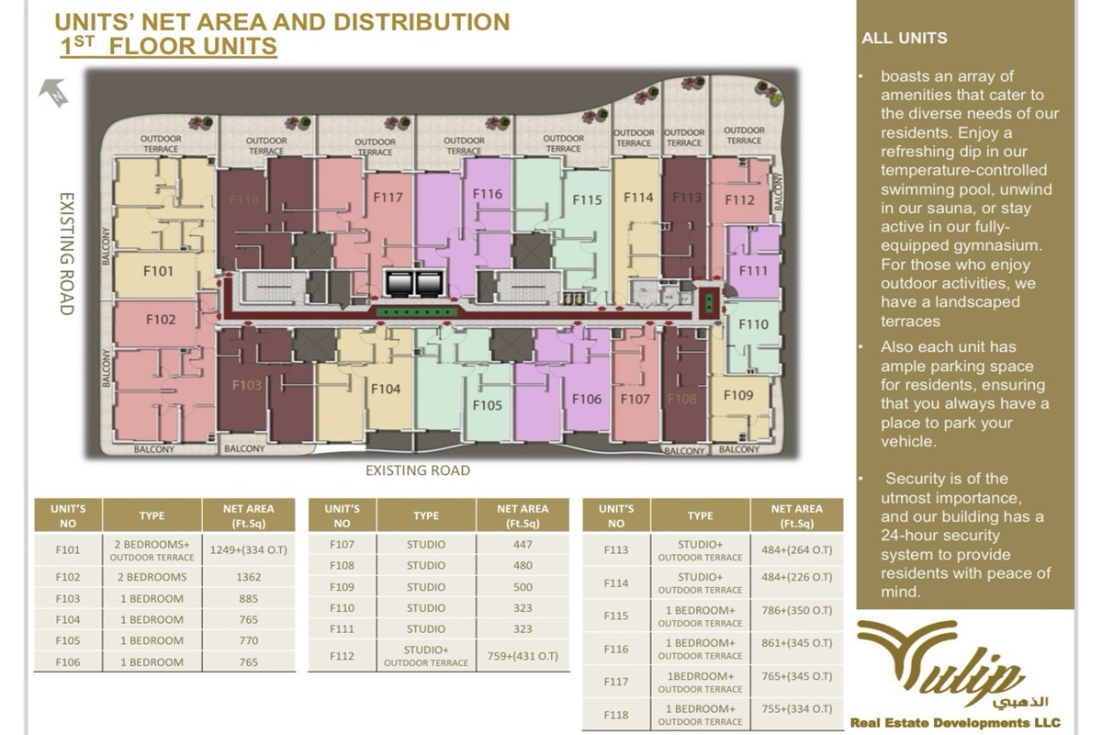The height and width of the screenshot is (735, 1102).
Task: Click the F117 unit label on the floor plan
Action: (x=388, y=197)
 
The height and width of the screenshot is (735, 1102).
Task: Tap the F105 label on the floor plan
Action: (x=488, y=404)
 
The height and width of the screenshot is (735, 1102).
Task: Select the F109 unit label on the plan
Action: (x=737, y=395)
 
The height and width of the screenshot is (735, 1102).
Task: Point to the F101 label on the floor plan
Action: (x=158, y=271)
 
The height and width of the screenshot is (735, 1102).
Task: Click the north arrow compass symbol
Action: (x=54, y=92)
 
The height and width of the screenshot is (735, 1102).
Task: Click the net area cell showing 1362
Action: (x=248, y=577)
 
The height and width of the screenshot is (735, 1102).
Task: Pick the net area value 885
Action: (x=248, y=598)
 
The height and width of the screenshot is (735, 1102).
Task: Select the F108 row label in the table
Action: (x=342, y=565)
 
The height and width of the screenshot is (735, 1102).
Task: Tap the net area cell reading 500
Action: (x=522, y=586)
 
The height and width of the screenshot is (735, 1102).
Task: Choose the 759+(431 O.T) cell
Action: (x=522, y=656)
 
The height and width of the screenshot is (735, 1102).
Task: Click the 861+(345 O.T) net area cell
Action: (x=796, y=649)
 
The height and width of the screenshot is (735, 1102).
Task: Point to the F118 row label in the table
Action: (x=616, y=715)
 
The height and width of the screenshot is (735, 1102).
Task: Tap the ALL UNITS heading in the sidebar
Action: (x=905, y=39)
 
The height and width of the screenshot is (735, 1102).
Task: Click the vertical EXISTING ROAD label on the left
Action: (x=66, y=254)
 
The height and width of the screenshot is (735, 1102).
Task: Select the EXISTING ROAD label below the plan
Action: (x=417, y=470)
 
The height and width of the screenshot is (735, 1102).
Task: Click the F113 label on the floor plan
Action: (x=686, y=197)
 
